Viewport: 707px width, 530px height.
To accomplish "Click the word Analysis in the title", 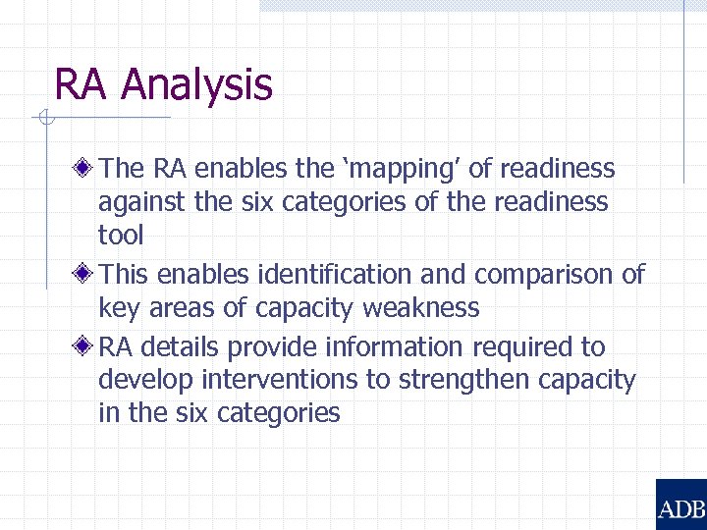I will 196,84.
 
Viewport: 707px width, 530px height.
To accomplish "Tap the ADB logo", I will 680,504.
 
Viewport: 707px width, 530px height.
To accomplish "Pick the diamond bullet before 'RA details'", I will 87,346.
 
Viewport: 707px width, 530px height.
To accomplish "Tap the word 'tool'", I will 121,236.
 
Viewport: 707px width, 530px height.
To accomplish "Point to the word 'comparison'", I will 542,274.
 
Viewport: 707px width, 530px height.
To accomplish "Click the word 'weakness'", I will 421,307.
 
